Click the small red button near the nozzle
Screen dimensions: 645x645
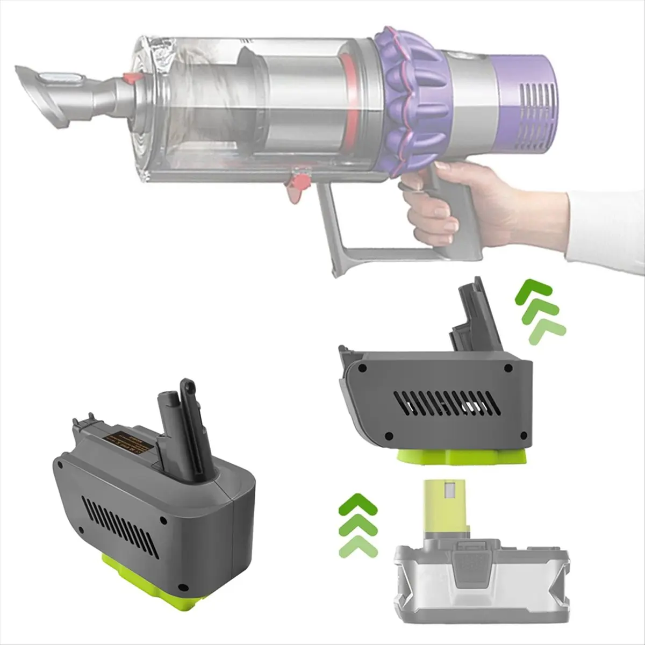130,78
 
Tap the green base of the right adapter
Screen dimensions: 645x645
462,457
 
